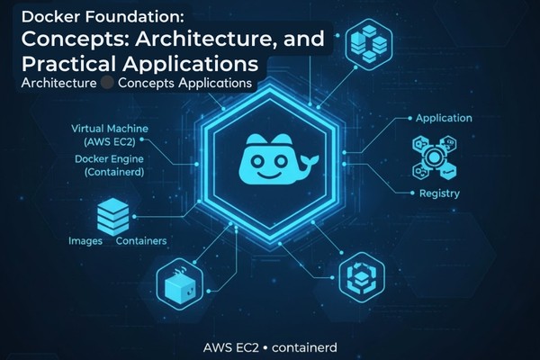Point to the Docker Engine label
[x=111, y=158]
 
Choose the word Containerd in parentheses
[x=112, y=172]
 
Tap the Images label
[x=85, y=242]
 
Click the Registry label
[x=439, y=193]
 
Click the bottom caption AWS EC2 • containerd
[x=269, y=345]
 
